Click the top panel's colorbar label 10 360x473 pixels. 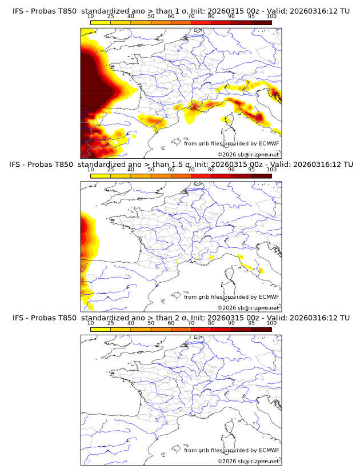90,16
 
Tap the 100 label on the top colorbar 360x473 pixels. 271,16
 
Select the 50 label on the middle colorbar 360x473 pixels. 151,170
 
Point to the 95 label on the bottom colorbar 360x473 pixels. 251,323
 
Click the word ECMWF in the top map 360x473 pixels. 269,143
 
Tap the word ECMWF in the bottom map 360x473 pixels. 269,450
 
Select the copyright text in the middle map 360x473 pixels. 249,307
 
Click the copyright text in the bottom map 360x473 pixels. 249,460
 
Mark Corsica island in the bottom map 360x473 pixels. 230,431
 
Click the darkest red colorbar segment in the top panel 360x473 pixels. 262,22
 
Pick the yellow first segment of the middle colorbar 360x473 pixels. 101,176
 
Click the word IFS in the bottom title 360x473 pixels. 18,317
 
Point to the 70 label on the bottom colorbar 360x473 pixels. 191,323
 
